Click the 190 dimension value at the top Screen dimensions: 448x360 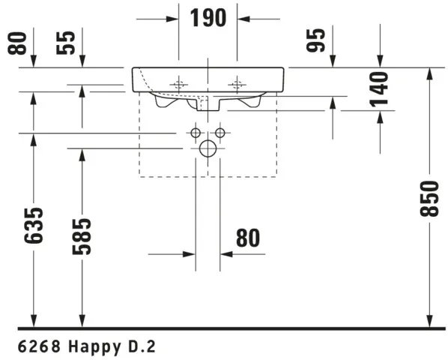pyautogui.click(x=208, y=18)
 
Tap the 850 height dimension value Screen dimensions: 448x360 pyautogui.click(x=429, y=199)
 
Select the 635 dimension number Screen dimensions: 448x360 pyautogui.click(x=34, y=226)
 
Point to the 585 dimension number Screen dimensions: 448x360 pyautogui.click(x=82, y=236)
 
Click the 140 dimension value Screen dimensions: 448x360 pyautogui.click(x=379, y=89)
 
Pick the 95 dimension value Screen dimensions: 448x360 pyautogui.click(x=315, y=40)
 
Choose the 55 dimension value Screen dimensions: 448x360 pyautogui.click(x=66, y=43)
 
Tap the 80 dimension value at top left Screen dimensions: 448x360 pyautogui.click(x=17, y=43)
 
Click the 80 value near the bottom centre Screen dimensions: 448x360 pyautogui.click(x=248, y=238)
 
